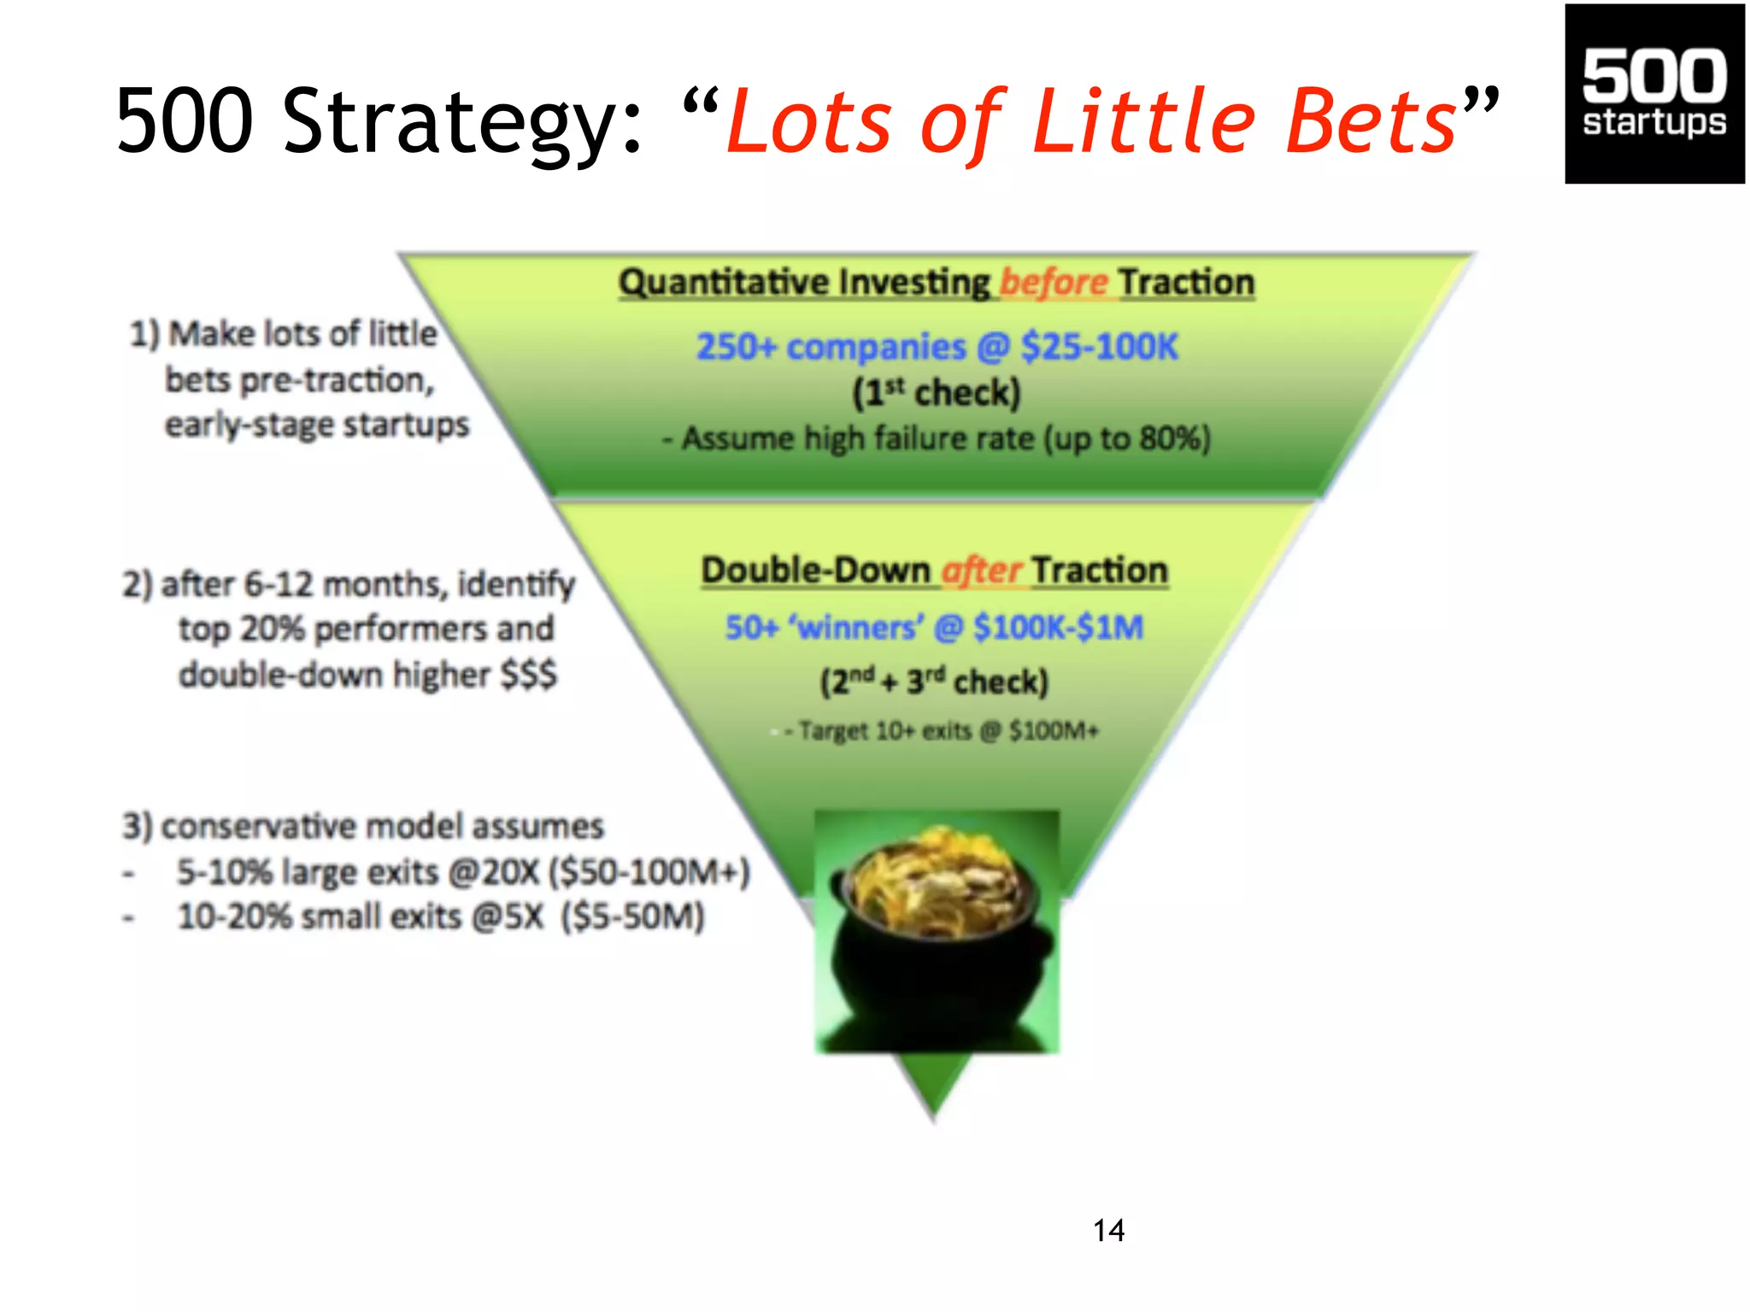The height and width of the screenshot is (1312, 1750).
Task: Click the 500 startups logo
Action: tap(1653, 94)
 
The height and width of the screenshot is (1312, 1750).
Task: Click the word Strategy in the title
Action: tap(461, 122)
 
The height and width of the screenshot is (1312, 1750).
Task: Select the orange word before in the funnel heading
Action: tap(1053, 282)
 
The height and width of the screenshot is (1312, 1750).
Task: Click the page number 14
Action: tap(1108, 1230)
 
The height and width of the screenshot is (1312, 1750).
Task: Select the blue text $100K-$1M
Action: tap(1058, 627)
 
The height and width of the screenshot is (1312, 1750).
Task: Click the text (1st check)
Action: tap(937, 393)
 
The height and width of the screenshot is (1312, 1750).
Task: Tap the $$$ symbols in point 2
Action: tap(528, 674)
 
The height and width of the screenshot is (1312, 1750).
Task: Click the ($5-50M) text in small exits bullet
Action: tap(633, 917)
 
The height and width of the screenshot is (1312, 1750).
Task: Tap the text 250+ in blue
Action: tap(736, 347)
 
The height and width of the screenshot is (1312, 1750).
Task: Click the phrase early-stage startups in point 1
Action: tap(317, 425)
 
